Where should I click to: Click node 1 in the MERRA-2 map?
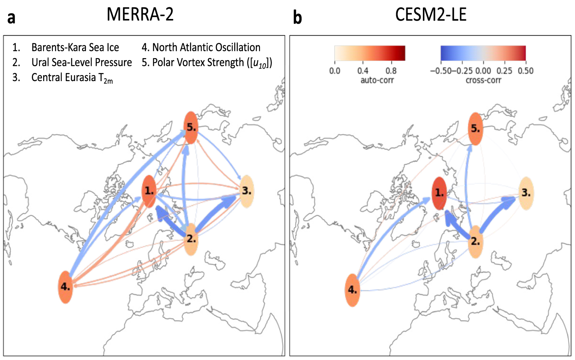149,191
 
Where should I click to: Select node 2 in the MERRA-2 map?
191,239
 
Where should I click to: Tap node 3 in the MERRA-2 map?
247,191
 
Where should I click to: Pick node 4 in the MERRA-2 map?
65,287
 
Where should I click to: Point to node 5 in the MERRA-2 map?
191,128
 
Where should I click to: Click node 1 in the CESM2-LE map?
439,193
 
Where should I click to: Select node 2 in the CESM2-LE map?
476,242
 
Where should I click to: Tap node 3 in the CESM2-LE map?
526,193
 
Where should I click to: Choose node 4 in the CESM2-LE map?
352,290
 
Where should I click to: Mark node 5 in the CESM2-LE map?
476,129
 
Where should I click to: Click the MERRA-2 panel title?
140,15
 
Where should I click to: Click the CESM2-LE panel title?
431,15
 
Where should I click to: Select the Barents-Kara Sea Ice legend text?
75,48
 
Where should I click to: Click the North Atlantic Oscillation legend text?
206,48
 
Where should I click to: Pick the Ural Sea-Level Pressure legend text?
82,63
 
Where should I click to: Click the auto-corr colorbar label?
377,80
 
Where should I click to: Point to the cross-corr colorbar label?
483,80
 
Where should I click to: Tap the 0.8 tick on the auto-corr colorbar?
391,71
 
